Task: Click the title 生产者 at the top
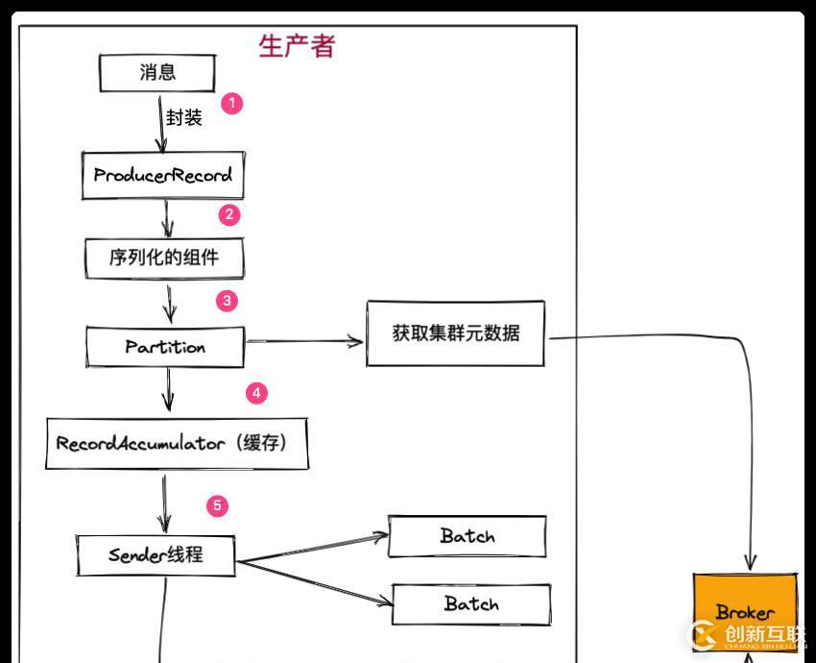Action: click(x=297, y=45)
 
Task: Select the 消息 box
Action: click(x=157, y=73)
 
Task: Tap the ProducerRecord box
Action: click(x=162, y=176)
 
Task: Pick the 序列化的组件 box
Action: click(x=163, y=258)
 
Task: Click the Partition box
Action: click(x=165, y=347)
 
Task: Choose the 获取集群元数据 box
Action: click(x=455, y=333)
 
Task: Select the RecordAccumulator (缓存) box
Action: click(x=177, y=444)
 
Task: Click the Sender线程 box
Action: click(x=156, y=555)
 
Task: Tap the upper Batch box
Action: click(x=468, y=536)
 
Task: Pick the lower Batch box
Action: click(x=471, y=604)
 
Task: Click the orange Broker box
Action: click(x=745, y=611)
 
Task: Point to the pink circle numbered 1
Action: click(x=232, y=103)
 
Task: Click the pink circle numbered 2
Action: click(x=228, y=214)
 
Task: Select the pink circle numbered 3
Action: click(x=227, y=301)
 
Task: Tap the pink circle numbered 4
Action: click(x=255, y=393)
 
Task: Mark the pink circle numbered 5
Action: click(x=218, y=505)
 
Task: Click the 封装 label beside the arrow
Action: click(x=183, y=118)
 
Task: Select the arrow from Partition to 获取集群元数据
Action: click(x=304, y=340)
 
